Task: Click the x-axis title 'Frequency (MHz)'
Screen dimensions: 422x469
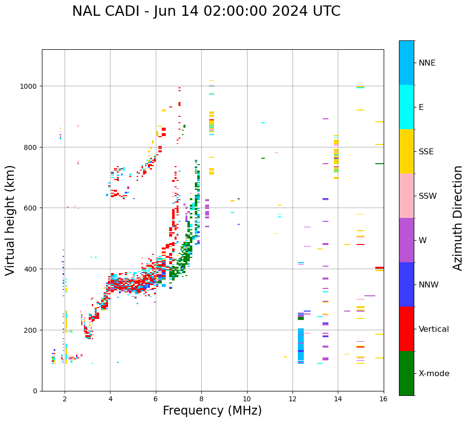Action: click(212, 411)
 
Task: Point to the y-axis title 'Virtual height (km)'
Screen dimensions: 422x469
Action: click(10, 220)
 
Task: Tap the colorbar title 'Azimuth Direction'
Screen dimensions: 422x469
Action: click(458, 218)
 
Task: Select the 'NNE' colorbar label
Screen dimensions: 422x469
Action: click(427, 63)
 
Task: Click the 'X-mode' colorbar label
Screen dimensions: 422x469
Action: click(434, 374)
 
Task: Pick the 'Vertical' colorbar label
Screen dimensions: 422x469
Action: click(434, 329)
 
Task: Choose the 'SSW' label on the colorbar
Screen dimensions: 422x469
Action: click(428, 196)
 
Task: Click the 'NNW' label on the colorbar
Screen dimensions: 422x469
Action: click(429, 285)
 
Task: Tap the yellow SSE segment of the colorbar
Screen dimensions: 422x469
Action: click(406, 151)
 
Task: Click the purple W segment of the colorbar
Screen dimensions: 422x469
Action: click(406, 240)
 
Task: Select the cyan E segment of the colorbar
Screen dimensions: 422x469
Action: click(406, 107)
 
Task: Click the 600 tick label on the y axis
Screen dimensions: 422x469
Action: click(32, 208)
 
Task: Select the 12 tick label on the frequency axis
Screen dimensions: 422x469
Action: click(292, 399)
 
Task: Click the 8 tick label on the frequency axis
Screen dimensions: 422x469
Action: click(201, 399)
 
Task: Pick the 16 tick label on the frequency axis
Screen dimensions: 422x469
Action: click(383, 399)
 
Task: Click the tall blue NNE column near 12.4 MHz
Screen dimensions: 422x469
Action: click(301, 345)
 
